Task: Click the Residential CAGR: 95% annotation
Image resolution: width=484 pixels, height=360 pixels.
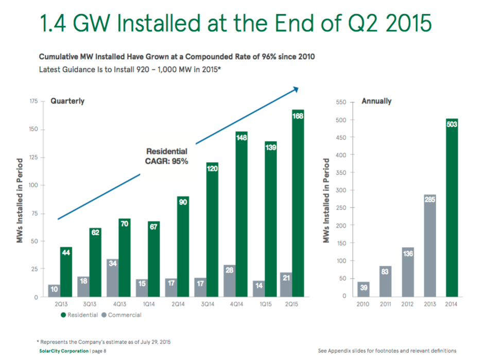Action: [167, 157]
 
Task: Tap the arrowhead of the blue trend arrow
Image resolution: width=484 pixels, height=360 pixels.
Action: [296, 90]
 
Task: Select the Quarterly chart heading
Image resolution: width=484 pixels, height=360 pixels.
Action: [67, 101]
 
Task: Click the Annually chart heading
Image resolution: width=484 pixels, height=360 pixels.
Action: [376, 101]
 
